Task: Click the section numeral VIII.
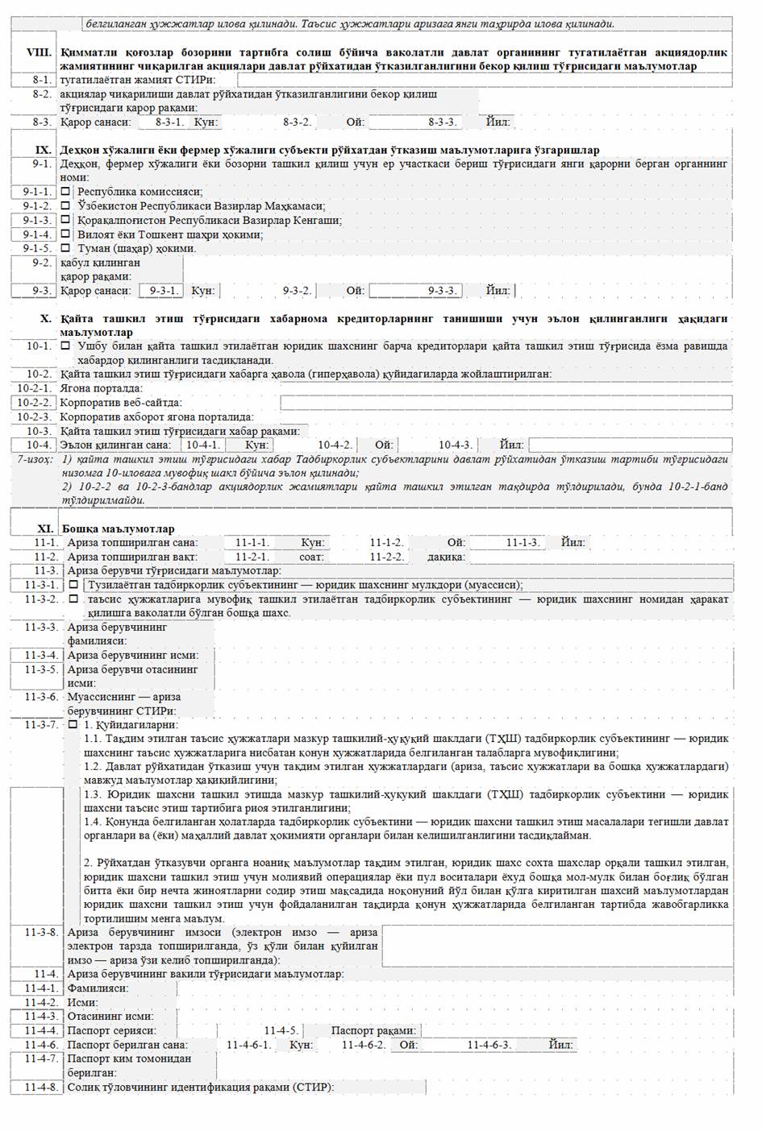coord(39,52)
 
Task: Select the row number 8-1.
coord(42,80)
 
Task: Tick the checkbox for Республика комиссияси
coord(67,192)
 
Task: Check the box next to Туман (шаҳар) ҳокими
coord(67,248)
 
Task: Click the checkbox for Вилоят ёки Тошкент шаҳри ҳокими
coord(67,234)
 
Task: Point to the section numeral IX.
coord(44,150)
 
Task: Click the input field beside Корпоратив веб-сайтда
coord(506,403)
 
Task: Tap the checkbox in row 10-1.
coord(67,346)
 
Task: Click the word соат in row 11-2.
coord(311,557)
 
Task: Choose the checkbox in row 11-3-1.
coord(73,585)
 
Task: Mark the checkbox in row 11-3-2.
coord(73,599)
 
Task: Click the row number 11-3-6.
coord(41,697)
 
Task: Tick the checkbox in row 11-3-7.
coord(73,724)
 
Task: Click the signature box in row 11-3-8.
coord(556,947)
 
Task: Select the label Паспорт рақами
coord(373,1030)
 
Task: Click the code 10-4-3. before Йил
coord(456,445)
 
